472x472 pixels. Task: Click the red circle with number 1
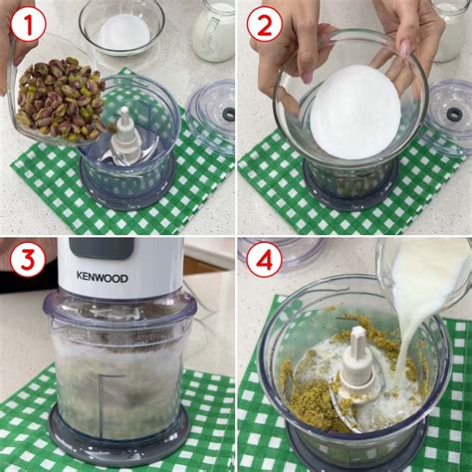[x=28, y=23]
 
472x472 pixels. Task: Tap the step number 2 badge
[x=265, y=23]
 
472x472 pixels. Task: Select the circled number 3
[x=28, y=261]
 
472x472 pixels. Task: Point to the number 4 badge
[x=265, y=261]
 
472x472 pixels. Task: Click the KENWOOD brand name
[x=102, y=277]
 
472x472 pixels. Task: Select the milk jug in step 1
[x=213, y=30]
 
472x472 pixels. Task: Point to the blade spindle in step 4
[x=356, y=358]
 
